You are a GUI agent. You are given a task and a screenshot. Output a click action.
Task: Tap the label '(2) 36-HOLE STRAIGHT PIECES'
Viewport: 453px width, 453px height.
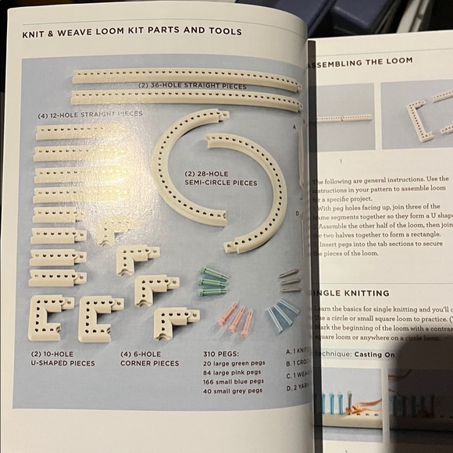[x=192, y=86]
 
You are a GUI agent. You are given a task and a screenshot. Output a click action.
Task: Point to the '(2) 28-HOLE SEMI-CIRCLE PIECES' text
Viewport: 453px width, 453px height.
[x=220, y=178]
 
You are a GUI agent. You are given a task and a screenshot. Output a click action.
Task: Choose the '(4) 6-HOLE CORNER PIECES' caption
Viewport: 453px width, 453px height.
[x=149, y=358]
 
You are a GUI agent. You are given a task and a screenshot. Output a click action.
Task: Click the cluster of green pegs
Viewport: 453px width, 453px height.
[x=213, y=280]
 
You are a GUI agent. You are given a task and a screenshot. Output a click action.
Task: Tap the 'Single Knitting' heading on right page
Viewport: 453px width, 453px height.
[x=351, y=293]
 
